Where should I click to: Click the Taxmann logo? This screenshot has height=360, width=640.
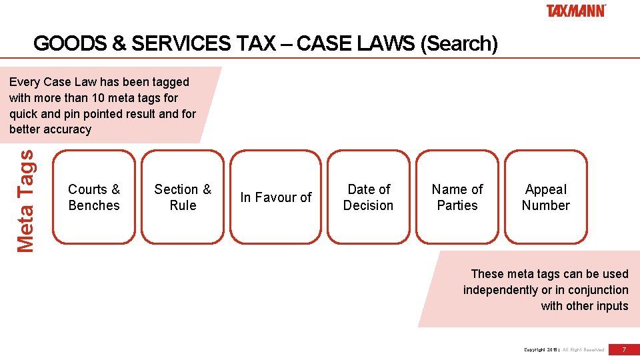coord(576,11)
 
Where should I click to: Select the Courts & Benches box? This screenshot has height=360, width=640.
coord(94,197)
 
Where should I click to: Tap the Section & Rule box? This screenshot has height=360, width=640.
coord(183,197)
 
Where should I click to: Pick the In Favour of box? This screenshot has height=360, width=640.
coord(276,197)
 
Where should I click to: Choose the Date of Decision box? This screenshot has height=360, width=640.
coord(368,197)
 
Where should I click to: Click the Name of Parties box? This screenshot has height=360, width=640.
coord(457,197)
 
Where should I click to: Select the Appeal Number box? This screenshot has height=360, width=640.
coord(546,197)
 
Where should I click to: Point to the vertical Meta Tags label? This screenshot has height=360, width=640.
coord(25,201)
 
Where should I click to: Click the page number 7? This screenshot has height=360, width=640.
coord(624,349)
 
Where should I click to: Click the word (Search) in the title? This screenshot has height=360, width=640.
coord(459,44)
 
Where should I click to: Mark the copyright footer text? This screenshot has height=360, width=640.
coord(564,349)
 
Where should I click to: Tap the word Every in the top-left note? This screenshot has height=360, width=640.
coord(24,82)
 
